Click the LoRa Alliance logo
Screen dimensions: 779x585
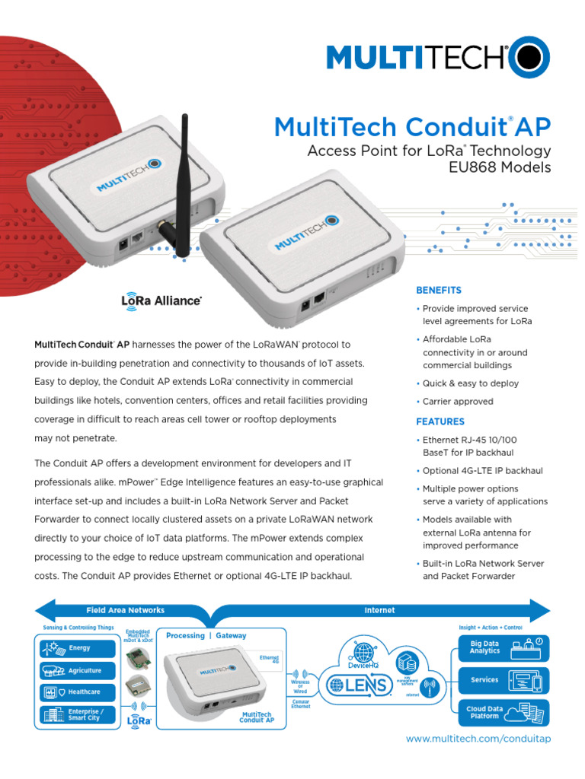pyautogui.click(x=161, y=300)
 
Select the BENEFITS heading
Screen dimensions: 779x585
pyautogui.click(x=438, y=291)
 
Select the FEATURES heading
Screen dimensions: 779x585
pyautogui.click(x=440, y=421)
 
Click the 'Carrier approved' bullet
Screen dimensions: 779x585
pyautogui.click(x=457, y=401)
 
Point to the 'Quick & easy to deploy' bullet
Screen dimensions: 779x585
pyautogui.click(x=470, y=383)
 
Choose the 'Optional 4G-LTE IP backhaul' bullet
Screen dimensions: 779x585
pyautogui.click(x=482, y=471)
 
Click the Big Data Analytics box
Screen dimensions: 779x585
pyautogui.click(x=503, y=647)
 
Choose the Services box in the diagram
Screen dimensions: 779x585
pyautogui.click(x=503, y=680)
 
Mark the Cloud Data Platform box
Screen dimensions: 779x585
pyautogui.click(x=503, y=713)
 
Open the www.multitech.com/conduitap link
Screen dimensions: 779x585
pyautogui.click(x=478, y=739)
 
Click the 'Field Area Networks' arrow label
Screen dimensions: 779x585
pyautogui.click(x=125, y=609)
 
